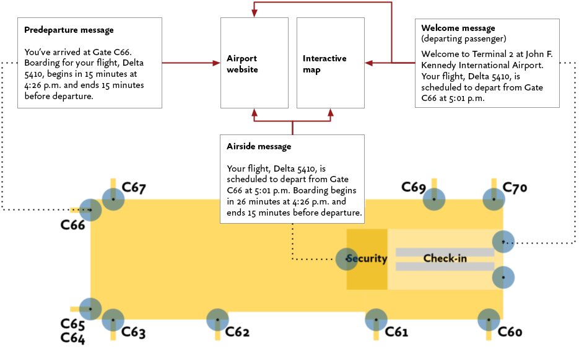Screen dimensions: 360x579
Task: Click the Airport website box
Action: pos(254,63)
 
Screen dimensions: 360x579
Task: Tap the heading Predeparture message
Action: pos(69,30)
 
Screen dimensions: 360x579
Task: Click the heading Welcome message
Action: pos(458,28)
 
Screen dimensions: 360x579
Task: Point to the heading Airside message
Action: pos(259,147)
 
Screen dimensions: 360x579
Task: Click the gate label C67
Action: pos(134,188)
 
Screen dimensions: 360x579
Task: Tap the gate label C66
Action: pos(72,225)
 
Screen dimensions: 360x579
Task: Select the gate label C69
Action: pos(413,187)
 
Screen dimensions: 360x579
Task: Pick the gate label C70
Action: pos(514,187)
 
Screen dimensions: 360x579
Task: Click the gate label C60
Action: pos(510,332)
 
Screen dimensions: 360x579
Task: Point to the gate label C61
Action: pos(396,332)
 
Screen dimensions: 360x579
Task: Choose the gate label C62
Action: pos(237,332)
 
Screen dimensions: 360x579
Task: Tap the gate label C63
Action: pos(133,332)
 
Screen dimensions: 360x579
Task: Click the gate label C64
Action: pos(72,338)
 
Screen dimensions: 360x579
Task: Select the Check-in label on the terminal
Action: pos(445,258)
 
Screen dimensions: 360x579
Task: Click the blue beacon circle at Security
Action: pos(346,258)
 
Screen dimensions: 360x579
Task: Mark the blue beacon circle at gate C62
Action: pos(217,320)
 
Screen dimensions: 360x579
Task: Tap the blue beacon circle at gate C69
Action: pos(434,199)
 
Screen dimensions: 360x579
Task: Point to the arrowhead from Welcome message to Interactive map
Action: pos(368,63)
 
